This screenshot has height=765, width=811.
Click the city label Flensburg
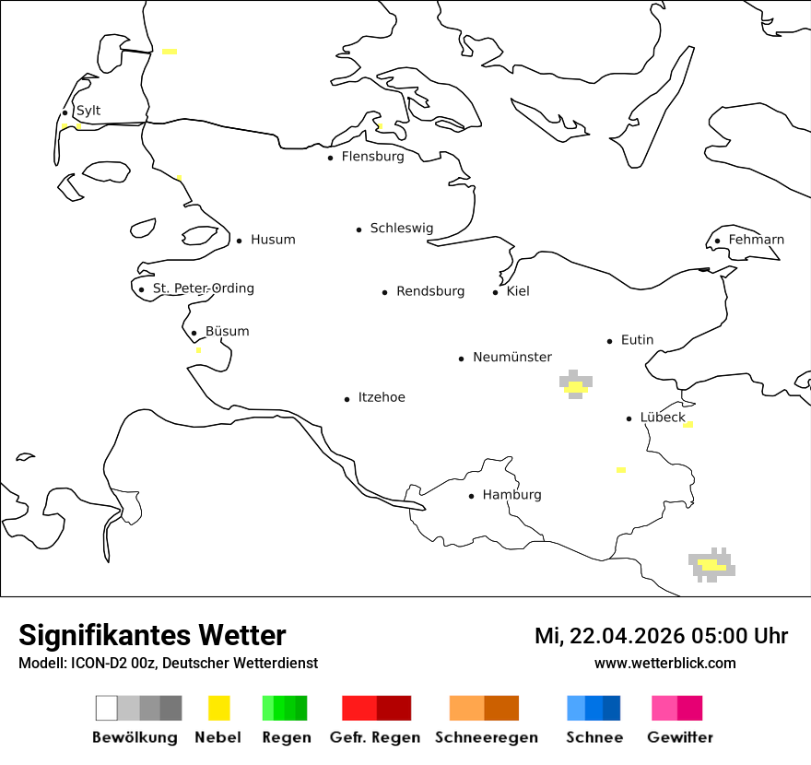coord(372,157)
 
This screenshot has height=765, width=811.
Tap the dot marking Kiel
coord(495,292)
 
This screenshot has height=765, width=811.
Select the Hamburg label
coord(511,495)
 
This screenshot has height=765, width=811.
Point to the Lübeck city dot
coord(629,418)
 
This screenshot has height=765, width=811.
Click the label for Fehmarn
coord(756,240)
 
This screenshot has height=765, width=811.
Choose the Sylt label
coord(88,112)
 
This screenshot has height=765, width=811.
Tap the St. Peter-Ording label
coord(203,288)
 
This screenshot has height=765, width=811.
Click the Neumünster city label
coord(512,357)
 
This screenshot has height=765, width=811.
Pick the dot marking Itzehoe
coord(347,399)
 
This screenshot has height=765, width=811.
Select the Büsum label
coord(227,332)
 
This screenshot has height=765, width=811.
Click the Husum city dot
coord(239,241)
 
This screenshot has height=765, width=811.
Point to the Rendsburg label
coord(430,291)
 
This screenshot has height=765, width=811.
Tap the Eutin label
coord(637,340)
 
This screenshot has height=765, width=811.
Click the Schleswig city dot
coord(358,229)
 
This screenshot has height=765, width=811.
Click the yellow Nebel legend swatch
coord(218,708)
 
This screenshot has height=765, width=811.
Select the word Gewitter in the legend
coord(679,737)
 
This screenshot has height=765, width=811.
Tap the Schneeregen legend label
coord(486,737)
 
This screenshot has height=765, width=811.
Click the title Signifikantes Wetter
coord(152,635)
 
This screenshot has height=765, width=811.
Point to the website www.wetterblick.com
coord(664,663)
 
